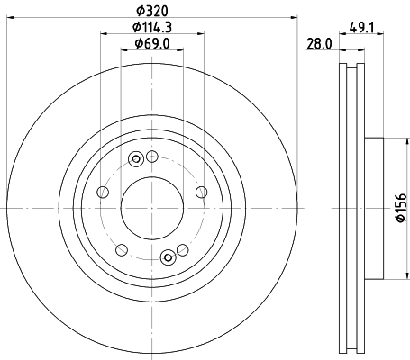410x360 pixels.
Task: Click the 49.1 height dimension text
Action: coord(363,27)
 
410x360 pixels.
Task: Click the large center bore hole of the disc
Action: coord(151,208)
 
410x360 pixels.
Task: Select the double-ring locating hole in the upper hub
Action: coord(136,160)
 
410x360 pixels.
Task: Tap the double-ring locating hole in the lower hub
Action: coord(167,257)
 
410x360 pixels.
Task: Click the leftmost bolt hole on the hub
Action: coord(102,193)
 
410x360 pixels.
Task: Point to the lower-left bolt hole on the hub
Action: coord(120,248)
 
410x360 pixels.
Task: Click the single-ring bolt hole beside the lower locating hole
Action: coord(182,249)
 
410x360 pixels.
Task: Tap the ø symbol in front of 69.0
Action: coord(137,44)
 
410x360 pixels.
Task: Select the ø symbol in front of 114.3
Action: coord(132,28)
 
